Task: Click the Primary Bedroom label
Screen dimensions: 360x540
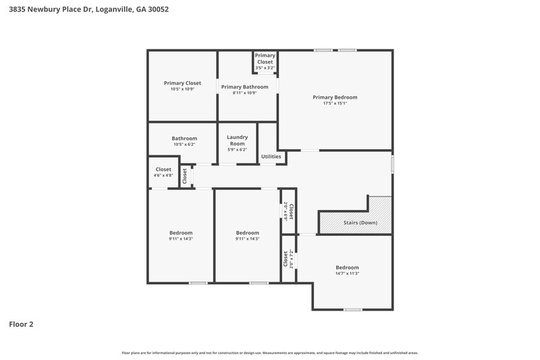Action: coord(335,97)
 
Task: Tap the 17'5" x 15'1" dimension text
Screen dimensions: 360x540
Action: coord(335,104)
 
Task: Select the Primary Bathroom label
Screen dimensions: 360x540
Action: coord(244,86)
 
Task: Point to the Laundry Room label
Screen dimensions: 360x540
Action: coord(237,140)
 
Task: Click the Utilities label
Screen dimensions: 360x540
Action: coord(271,157)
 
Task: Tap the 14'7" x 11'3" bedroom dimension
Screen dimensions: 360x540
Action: coord(347,274)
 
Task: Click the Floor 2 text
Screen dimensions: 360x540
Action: coord(21,324)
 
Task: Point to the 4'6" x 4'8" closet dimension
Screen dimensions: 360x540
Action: coord(163,176)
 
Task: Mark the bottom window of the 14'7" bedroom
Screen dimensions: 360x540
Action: coord(352,309)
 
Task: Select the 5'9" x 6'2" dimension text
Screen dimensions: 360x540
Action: coord(237,150)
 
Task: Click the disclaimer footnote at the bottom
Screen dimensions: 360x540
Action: coord(270,353)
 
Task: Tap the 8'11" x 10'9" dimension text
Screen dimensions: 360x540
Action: coord(244,93)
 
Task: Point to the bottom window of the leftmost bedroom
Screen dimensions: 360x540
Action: coord(198,282)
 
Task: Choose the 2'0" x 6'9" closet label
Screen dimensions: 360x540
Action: coord(289,211)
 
